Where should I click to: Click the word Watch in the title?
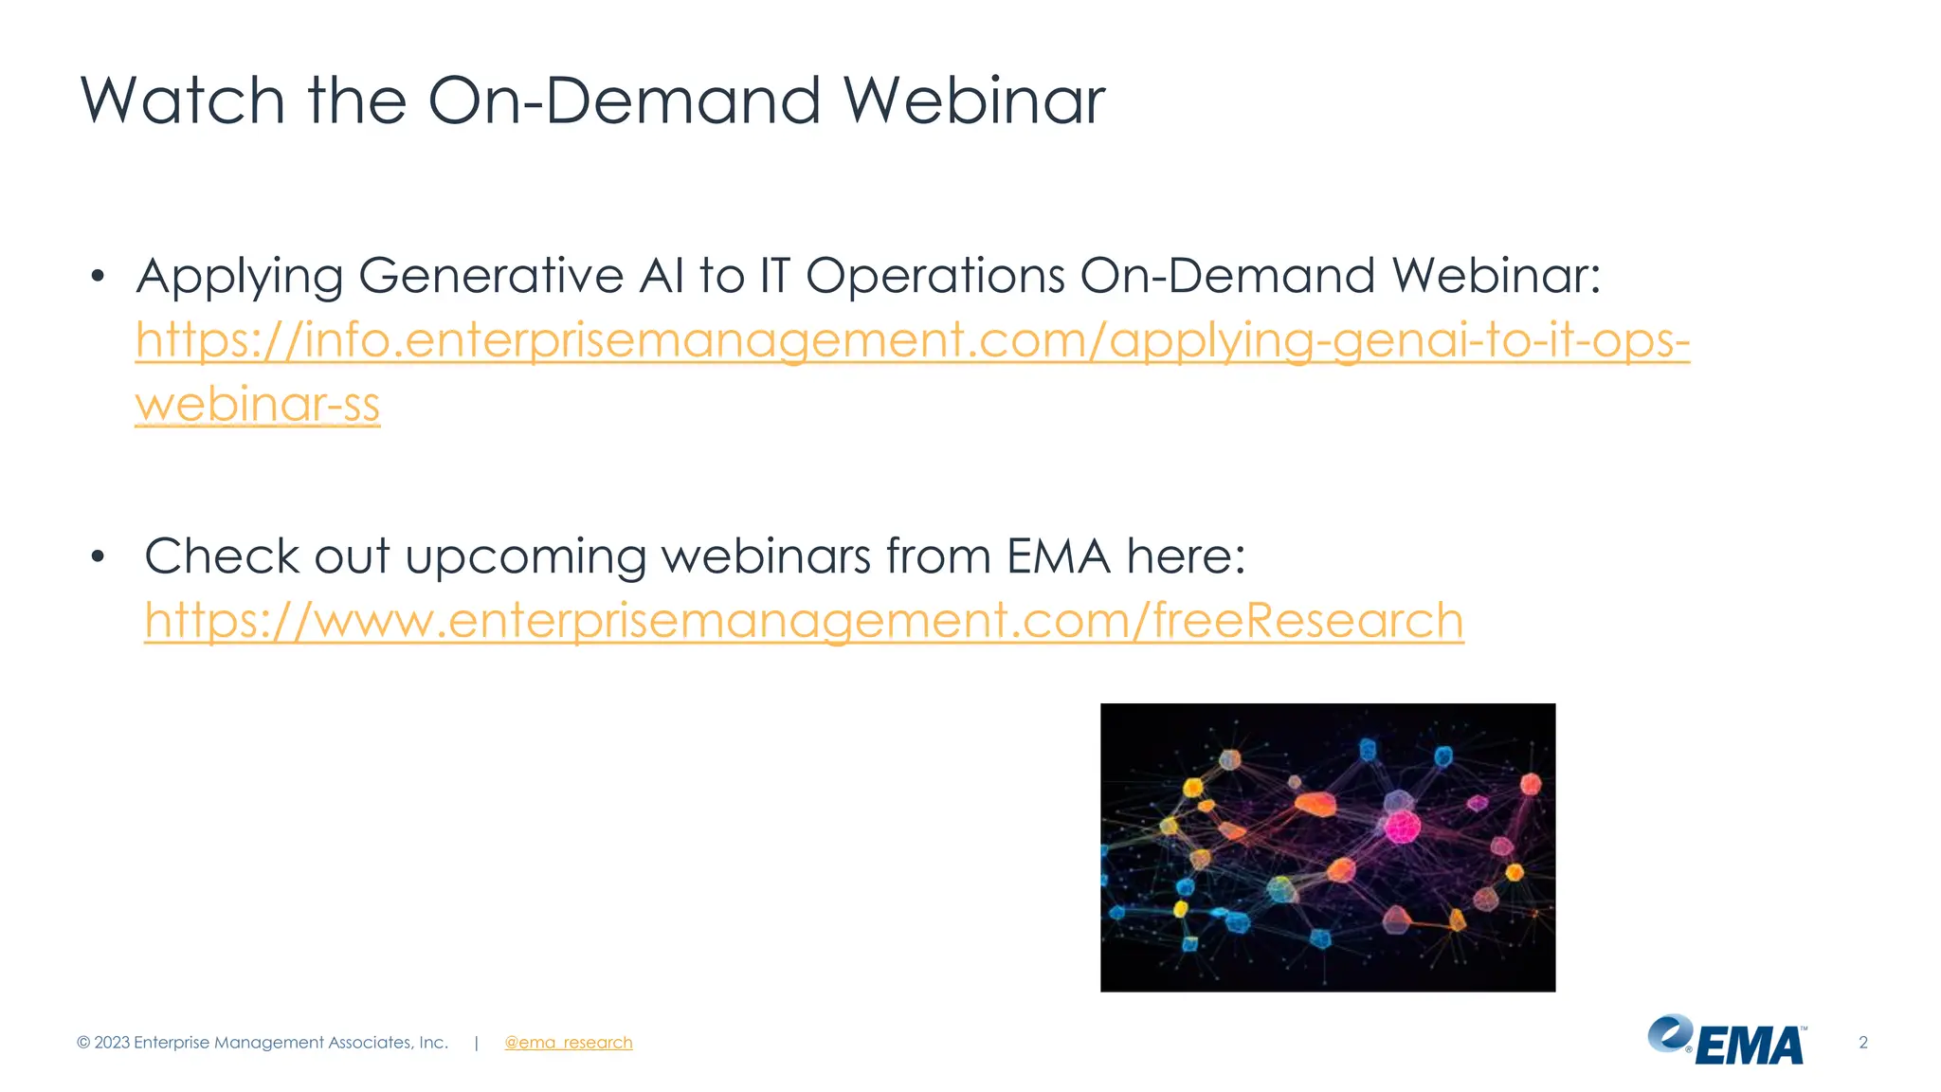click(182, 100)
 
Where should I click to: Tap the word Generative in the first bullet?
click(491, 276)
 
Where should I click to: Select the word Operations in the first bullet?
click(935, 276)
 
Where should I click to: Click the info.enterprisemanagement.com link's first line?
click(912, 340)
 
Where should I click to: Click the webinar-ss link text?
click(257, 405)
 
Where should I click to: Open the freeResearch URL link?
click(804, 621)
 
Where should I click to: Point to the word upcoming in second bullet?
click(525, 556)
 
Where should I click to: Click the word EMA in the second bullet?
click(1058, 556)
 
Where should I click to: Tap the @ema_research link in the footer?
click(568, 1043)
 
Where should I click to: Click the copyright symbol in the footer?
click(83, 1043)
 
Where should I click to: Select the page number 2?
click(1862, 1043)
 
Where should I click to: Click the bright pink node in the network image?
click(1401, 827)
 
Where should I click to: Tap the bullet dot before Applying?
click(97, 277)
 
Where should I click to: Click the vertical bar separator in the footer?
click(476, 1043)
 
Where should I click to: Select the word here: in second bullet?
click(1186, 556)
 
